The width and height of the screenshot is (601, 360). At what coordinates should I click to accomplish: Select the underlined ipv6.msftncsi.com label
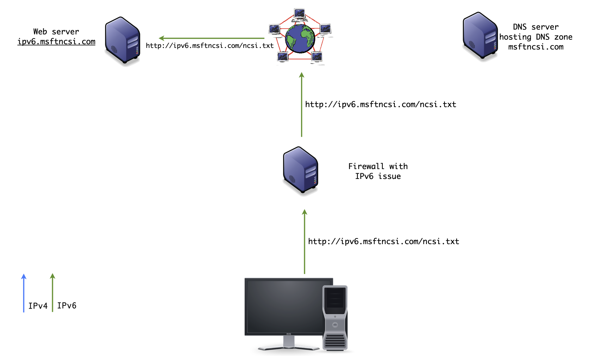click(56, 42)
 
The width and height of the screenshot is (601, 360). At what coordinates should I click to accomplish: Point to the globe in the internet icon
click(300, 38)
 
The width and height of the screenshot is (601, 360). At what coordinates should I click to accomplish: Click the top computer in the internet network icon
click(299, 14)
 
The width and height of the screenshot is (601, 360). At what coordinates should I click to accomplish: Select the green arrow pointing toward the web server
click(211, 38)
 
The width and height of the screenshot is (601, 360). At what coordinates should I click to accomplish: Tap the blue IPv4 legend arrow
click(24, 293)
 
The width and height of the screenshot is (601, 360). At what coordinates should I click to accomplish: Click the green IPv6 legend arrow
click(53, 293)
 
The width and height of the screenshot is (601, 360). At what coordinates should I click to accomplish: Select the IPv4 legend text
click(38, 306)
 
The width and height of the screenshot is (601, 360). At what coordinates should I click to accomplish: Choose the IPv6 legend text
click(67, 306)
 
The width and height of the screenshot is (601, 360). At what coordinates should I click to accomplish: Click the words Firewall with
click(378, 166)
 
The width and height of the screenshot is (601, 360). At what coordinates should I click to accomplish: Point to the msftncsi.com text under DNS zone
click(536, 47)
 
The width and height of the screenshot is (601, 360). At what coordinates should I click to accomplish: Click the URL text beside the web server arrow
click(210, 46)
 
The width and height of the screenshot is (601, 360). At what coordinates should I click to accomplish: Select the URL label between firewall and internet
click(381, 105)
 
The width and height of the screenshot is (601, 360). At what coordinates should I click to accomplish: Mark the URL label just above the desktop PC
click(384, 242)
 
